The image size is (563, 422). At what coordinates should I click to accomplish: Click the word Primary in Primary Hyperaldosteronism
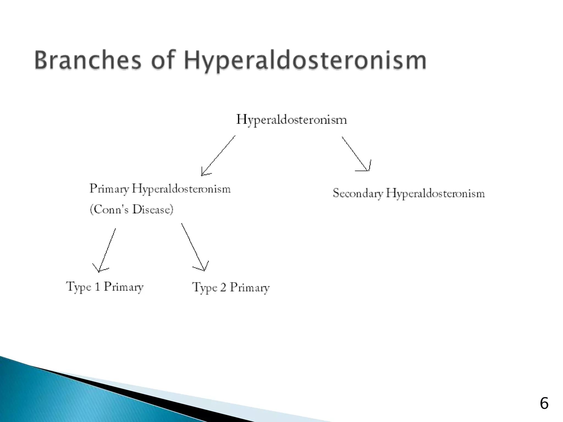pyautogui.click(x=109, y=189)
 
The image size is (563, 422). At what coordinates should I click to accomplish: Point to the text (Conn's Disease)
pyautogui.click(x=132, y=210)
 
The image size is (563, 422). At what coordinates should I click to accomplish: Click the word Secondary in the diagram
pyautogui.click(x=358, y=193)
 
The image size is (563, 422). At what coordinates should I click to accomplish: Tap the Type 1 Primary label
pyautogui.click(x=105, y=287)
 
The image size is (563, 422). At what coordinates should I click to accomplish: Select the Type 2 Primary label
pyautogui.click(x=231, y=288)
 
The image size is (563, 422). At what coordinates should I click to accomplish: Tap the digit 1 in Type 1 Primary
pyautogui.click(x=97, y=287)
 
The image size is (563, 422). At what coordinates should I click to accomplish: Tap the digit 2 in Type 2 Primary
pyautogui.click(x=223, y=287)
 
